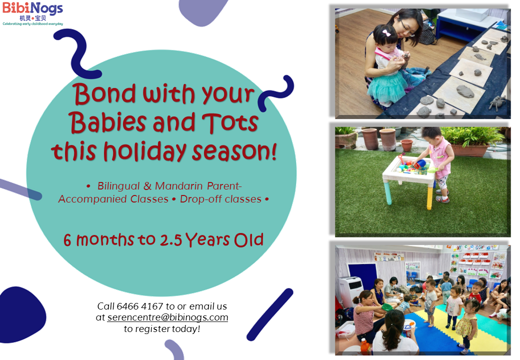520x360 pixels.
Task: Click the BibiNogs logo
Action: (x=32, y=14)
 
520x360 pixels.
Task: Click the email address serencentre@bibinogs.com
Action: (x=168, y=317)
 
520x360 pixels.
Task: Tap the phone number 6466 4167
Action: (x=140, y=306)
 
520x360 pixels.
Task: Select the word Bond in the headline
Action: (x=104, y=93)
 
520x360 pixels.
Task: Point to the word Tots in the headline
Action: (x=230, y=122)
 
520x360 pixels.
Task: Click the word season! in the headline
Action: (x=234, y=151)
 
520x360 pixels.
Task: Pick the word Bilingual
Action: (x=118, y=186)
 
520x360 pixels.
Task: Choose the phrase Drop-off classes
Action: (x=220, y=199)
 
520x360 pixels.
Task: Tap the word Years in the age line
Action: (x=207, y=239)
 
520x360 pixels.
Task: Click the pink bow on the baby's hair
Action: (x=386, y=33)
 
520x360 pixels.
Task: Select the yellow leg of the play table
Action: (x=430, y=198)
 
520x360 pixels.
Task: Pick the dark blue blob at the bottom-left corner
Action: (x=22, y=315)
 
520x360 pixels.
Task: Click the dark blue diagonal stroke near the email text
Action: (x=270, y=314)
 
